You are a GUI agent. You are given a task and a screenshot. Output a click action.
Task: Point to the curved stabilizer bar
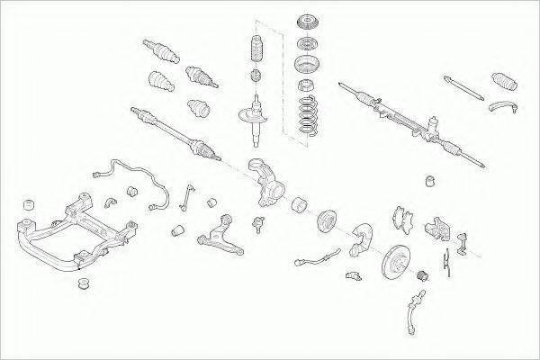pyautogui.click(x=135, y=180)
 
